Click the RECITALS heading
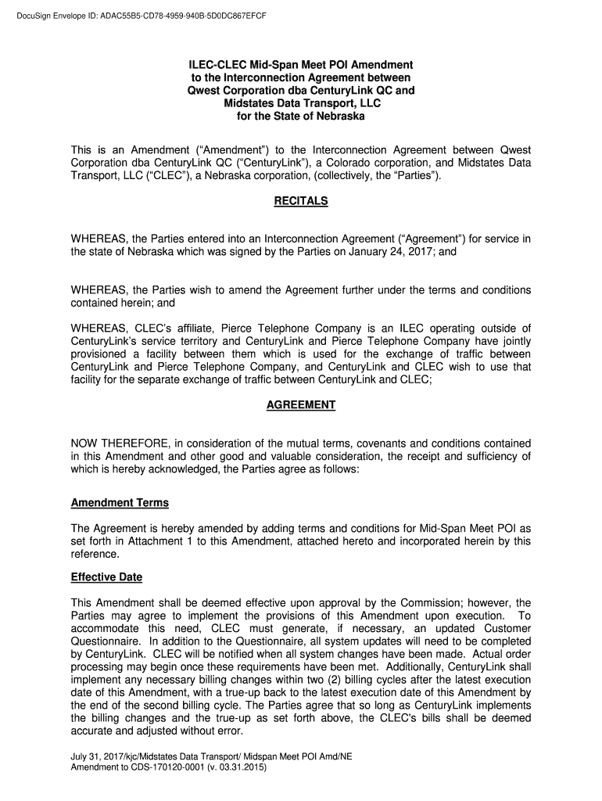(301, 201)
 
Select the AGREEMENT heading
(301, 405)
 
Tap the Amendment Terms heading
(120, 502)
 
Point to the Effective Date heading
(106, 578)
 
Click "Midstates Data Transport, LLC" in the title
(301, 103)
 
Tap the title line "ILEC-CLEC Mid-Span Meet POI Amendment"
(301, 63)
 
